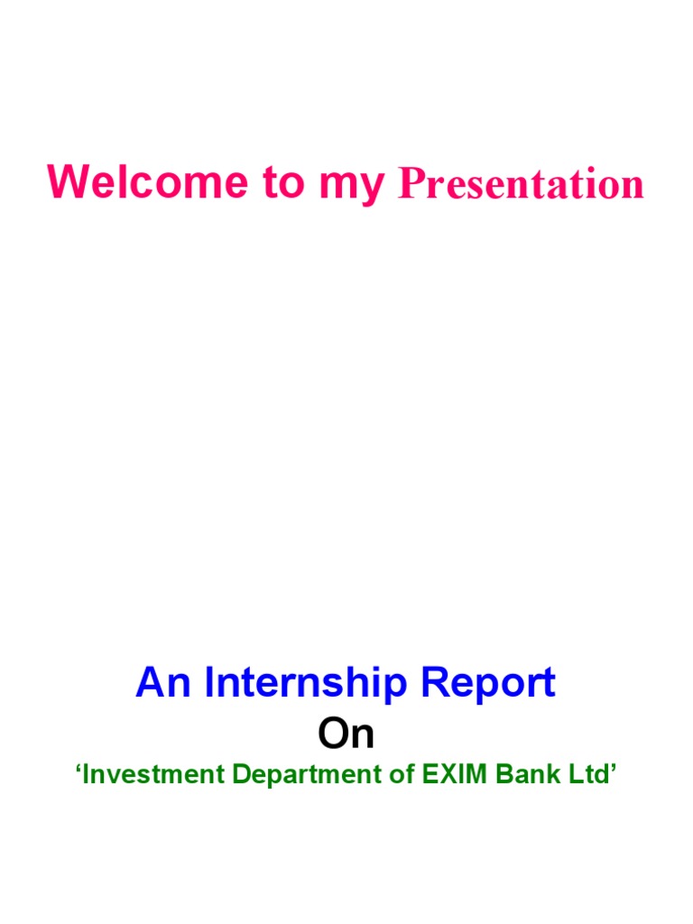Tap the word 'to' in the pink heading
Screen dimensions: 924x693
coord(283,183)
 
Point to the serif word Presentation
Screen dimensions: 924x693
coord(522,184)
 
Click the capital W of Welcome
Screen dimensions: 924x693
coord(69,182)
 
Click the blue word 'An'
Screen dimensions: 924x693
coord(164,683)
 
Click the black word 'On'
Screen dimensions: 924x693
coord(346,735)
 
